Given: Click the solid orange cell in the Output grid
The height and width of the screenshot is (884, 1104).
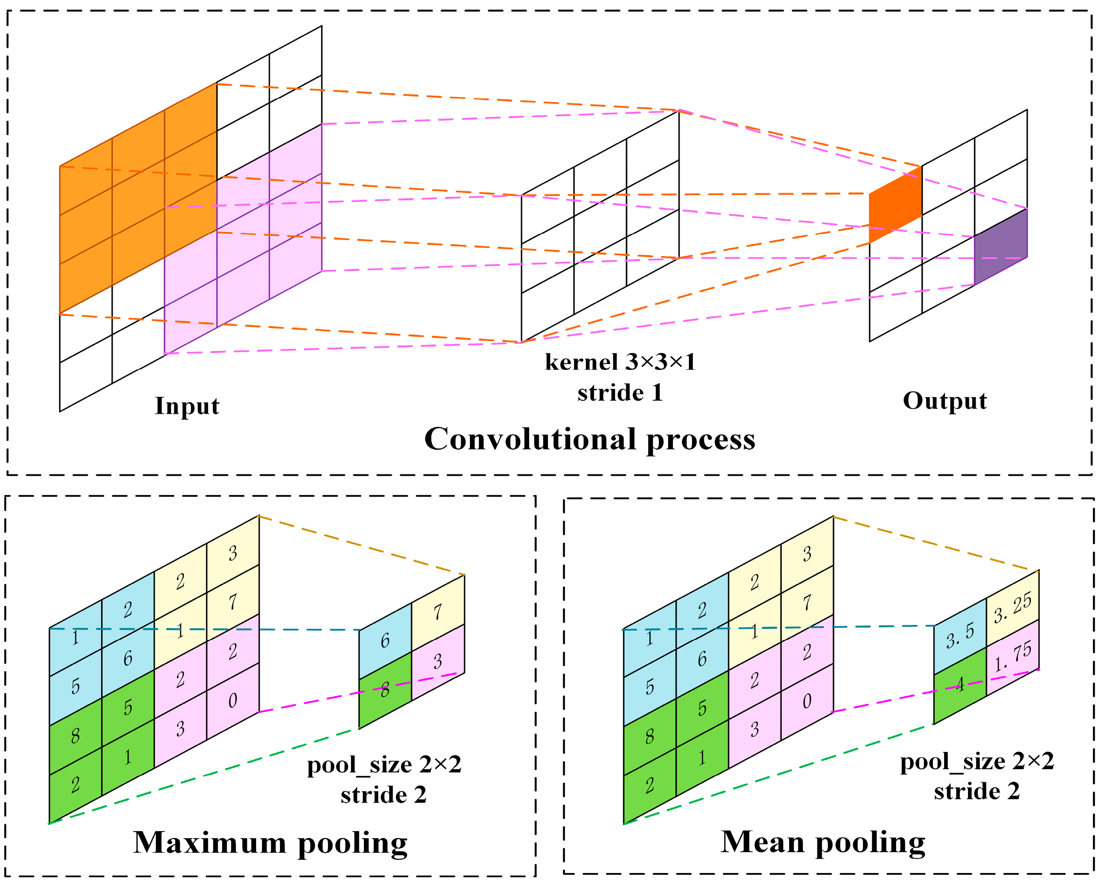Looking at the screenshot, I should (x=895, y=205).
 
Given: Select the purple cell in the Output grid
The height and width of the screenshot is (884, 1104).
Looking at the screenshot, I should (x=1000, y=247).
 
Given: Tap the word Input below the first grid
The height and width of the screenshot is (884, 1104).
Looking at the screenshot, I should (x=187, y=406).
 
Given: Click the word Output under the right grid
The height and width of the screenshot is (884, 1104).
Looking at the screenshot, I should (x=945, y=401).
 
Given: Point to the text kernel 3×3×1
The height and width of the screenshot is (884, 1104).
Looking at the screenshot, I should (x=620, y=362).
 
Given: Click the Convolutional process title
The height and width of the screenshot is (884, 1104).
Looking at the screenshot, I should (x=590, y=439).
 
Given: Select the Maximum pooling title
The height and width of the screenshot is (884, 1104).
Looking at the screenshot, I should (x=270, y=843).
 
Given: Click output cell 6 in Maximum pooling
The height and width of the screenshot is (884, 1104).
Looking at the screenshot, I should (x=385, y=641).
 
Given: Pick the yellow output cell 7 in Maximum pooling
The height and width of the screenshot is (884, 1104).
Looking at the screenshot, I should (x=438, y=613).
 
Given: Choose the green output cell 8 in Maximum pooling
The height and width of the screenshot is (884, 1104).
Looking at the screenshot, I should (x=385, y=690).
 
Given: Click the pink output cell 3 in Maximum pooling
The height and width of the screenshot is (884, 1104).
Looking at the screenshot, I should (x=438, y=662).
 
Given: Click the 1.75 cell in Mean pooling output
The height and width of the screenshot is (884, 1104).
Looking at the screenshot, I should (x=1012, y=657).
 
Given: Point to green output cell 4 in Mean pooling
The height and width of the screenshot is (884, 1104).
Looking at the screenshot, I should (x=960, y=685).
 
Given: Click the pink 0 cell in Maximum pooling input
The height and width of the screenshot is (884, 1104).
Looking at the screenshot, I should (x=232, y=701).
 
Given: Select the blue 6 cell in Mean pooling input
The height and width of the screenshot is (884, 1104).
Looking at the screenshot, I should (x=702, y=659).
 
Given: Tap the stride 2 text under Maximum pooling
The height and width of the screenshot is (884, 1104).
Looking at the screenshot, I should (x=384, y=795).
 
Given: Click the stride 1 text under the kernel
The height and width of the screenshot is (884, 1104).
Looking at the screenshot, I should (x=620, y=393).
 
